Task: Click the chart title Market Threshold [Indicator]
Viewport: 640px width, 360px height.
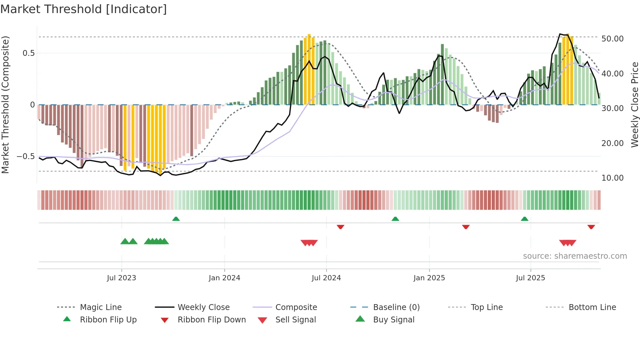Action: coord(84,9)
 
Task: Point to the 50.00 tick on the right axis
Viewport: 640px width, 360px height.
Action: coord(612,39)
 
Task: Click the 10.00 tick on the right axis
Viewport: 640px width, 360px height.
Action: coord(612,178)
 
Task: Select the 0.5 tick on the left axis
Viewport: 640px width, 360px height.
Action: coord(28,53)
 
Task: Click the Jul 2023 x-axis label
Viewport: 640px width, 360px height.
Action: coord(121,278)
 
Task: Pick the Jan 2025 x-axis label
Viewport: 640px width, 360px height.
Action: coord(429,278)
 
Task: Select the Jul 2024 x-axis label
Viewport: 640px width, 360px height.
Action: coord(326,278)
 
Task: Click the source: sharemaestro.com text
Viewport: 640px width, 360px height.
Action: coord(575,256)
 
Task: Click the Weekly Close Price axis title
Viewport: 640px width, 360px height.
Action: coord(634,105)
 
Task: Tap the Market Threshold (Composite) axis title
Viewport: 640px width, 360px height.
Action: coord(5,105)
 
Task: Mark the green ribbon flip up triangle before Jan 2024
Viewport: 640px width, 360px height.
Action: coord(176,219)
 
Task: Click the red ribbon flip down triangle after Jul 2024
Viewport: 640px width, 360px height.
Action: coord(341,227)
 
